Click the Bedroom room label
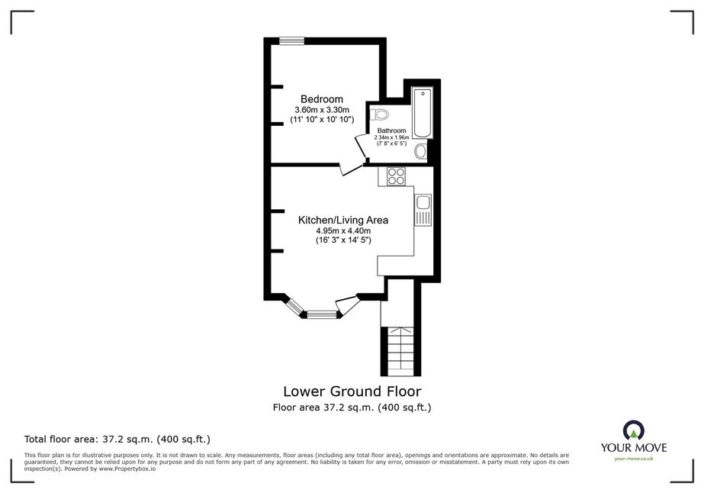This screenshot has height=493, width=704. (x=321, y=99)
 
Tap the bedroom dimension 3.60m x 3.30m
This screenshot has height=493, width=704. (x=322, y=110)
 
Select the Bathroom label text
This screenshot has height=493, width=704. (x=391, y=130)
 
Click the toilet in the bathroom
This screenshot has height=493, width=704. (x=379, y=115)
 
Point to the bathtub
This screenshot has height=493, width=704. (x=423, y=113)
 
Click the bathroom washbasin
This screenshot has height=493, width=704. (x=421, y=151)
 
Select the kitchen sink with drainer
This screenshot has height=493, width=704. (x=423, y=210)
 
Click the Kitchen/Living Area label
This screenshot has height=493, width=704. (x=343, y=221)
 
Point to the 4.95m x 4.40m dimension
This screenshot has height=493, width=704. (x=343, y=231)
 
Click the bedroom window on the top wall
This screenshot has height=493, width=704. (x=291, y=41)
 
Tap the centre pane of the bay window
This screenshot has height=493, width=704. (x=321, y=314)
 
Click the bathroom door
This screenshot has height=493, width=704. (x=361, y=146)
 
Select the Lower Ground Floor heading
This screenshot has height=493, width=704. (x=352, y=391)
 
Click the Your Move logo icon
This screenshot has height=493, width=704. (x=634, y=430)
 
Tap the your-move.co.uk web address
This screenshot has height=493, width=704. (x=634, y=459)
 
